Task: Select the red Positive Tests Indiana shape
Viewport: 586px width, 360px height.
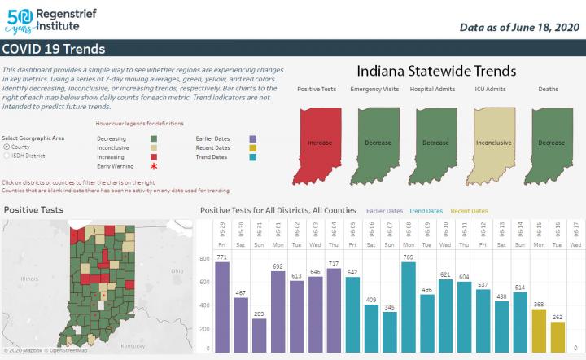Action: tap(320, 140)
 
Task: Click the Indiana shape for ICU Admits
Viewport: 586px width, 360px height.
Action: tap(493, 140)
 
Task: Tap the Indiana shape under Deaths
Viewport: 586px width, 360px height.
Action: tap(551, 140)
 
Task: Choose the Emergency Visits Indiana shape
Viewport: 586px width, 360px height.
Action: tap(378, 140)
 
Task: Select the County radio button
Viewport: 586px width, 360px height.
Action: tap(7, 147)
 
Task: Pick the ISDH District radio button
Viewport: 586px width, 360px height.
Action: tap(7, 155)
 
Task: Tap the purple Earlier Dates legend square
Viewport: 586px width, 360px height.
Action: tap(253, 139)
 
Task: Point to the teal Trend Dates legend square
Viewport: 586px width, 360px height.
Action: tap(253, 157)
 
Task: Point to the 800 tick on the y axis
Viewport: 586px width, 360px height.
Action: tap(206, 258)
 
